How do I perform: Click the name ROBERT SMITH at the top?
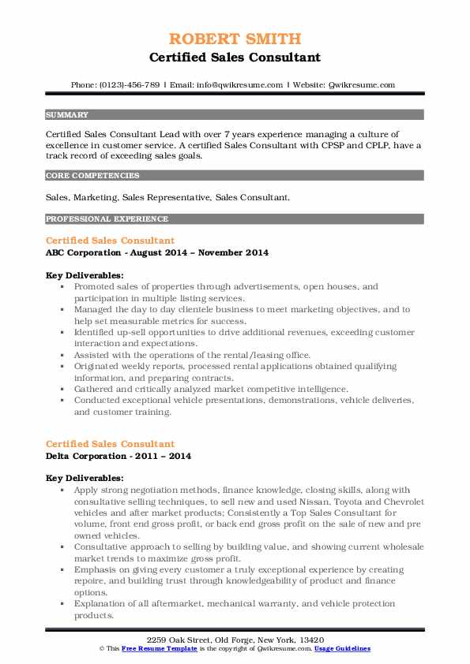235,40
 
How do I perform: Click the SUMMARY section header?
67,114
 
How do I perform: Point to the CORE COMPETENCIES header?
92,176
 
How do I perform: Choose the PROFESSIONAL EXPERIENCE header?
107,218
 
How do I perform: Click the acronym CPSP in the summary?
327,145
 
